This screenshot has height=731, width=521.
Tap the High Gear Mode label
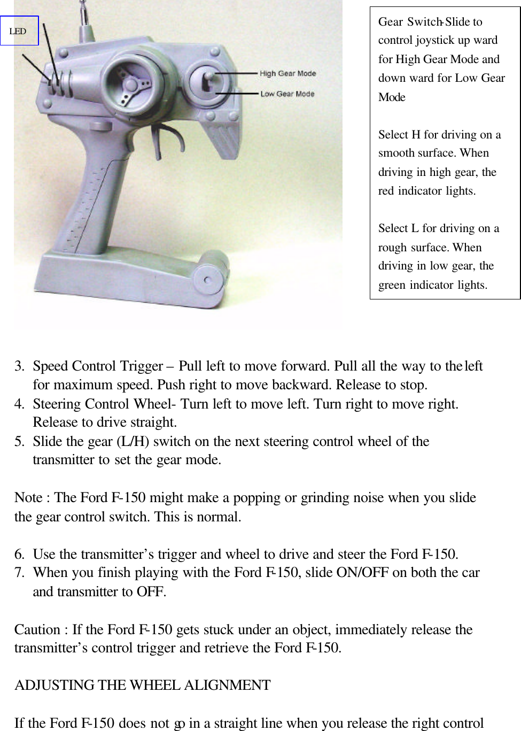click(x=287, y=73)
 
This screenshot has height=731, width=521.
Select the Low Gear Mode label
click(x=287, y=94)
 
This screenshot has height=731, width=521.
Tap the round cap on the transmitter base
click(x=207, y=279)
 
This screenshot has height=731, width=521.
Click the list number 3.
click(x=19, y=366)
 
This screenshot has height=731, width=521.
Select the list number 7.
click(x=19, y=573)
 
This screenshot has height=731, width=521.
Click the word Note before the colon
click(x=28, y=498)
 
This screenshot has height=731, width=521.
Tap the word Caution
click(x=37, y=629)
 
